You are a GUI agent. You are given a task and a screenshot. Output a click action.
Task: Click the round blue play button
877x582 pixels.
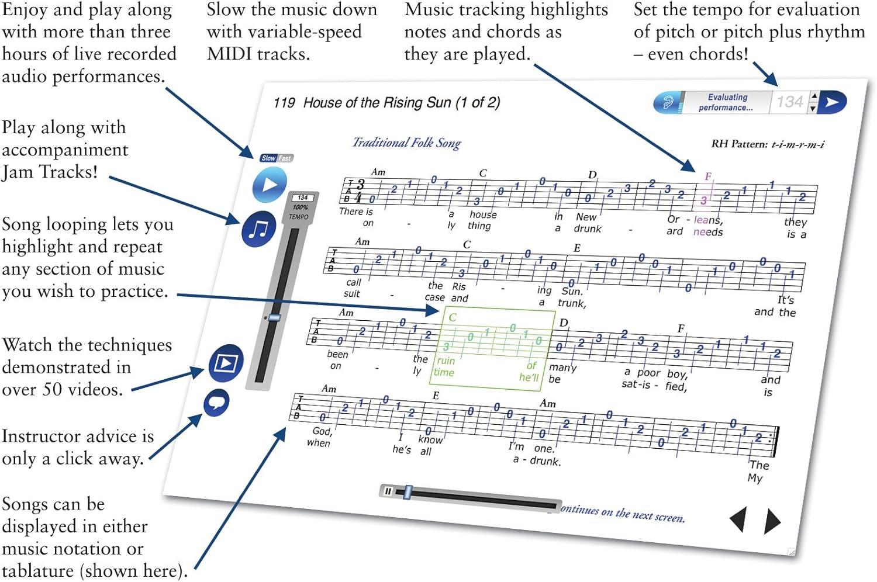(x=270, y=185)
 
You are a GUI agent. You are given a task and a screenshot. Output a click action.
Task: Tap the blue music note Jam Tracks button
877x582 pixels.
(x=258, y=229)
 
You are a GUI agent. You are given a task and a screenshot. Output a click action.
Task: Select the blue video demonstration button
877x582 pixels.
(x=226, y=363)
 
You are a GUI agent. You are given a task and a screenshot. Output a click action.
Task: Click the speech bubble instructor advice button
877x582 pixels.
(x=216, y=403)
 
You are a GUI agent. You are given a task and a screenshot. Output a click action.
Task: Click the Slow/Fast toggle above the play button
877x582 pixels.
(x=277, y=158)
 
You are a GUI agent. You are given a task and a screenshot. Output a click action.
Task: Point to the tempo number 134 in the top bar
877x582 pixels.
(x=789, y=102)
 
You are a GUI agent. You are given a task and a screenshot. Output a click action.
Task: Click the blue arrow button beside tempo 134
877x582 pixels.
(x=833, y=102)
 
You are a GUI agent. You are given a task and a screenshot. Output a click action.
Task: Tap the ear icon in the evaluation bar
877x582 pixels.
(x=668, y=103)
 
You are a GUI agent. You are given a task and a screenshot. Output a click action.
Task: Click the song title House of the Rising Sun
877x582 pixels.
(x=401, y=103)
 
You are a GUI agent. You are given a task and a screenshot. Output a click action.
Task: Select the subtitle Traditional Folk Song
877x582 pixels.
(x=406, y=143)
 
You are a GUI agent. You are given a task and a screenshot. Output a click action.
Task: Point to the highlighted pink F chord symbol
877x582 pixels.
(x=708, y=176)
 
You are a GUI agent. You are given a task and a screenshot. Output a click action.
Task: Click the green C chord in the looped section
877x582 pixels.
(x=452, y=317)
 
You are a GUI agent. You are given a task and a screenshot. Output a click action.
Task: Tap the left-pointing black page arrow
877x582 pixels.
(x=738, y=518)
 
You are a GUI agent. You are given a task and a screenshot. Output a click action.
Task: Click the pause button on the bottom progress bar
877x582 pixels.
(x=388, y=491)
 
